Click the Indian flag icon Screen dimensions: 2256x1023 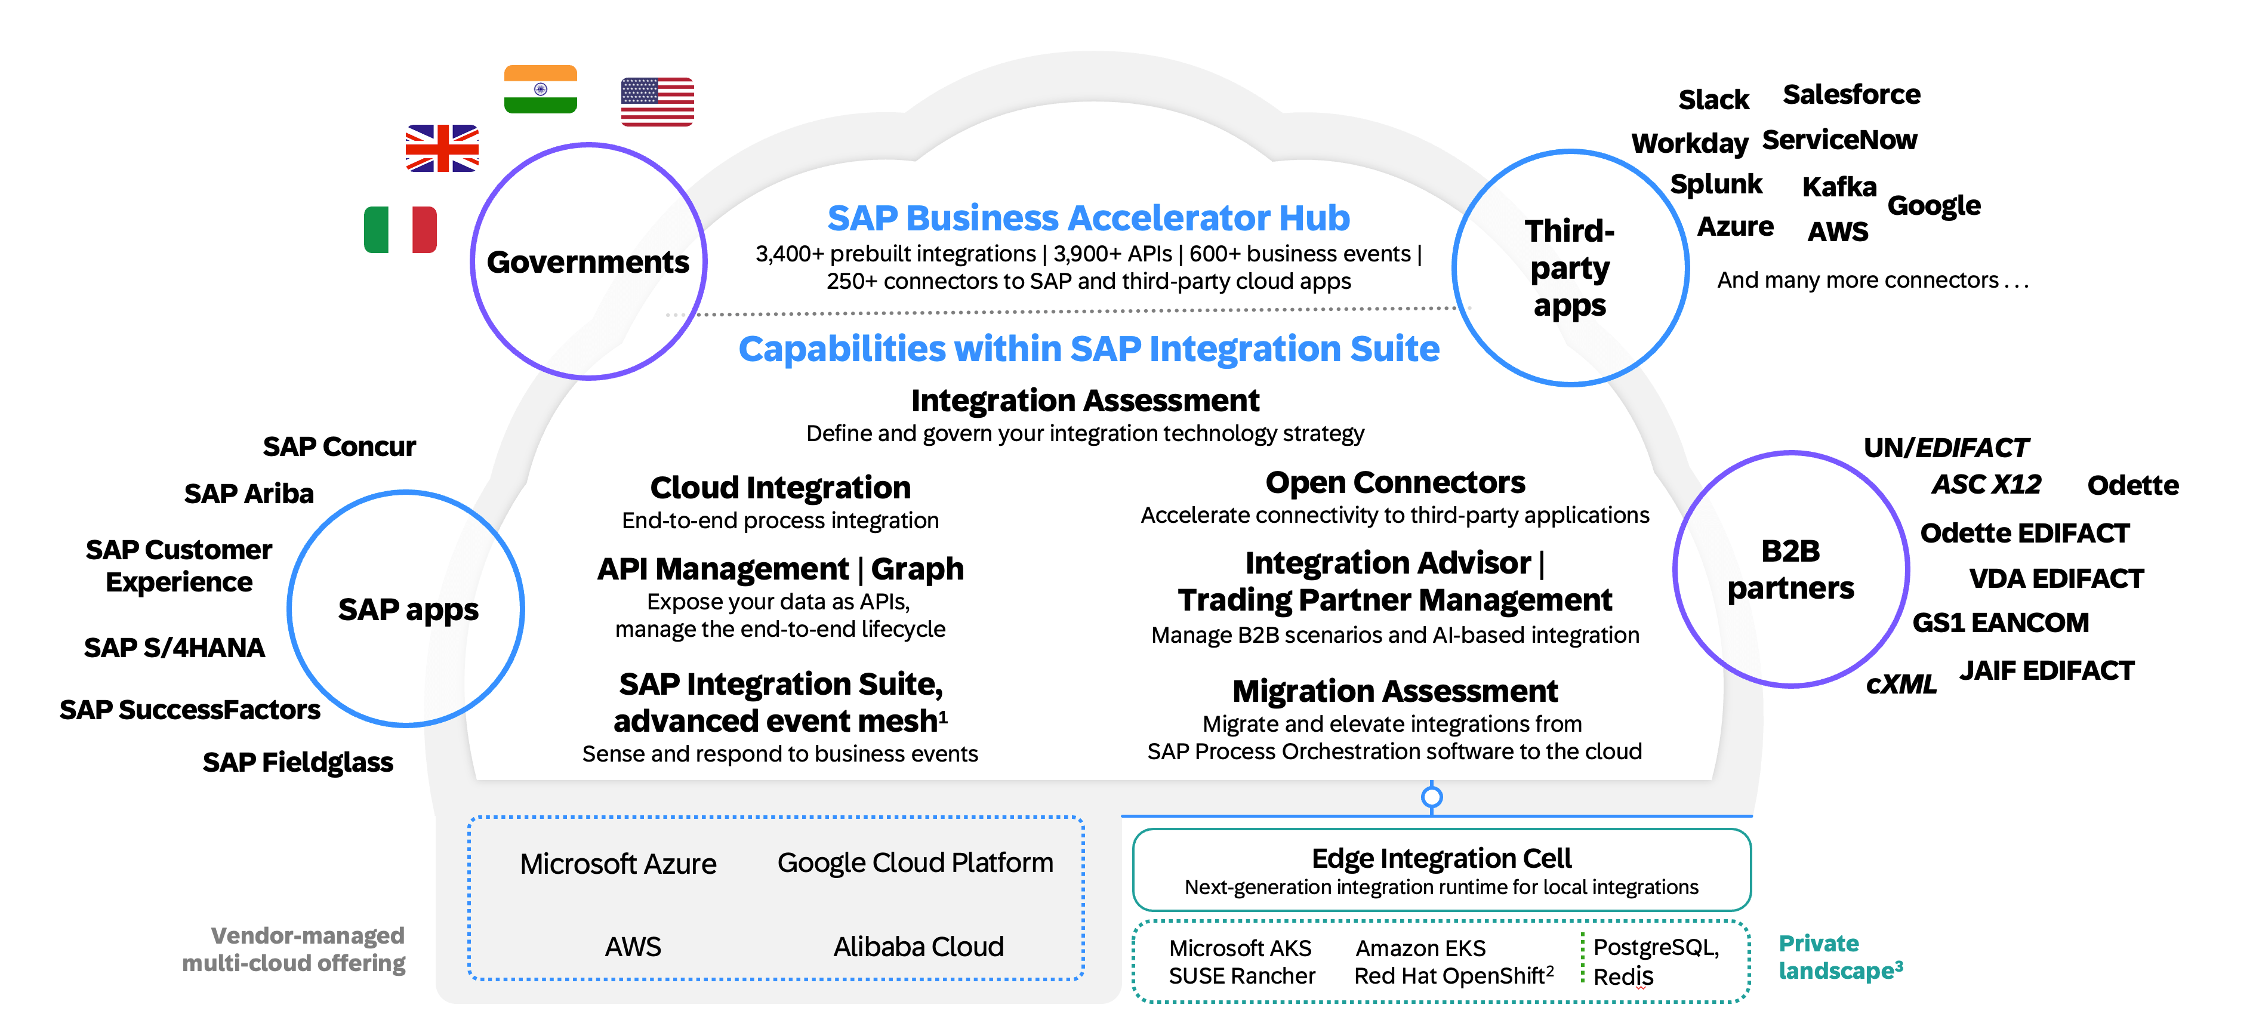540,90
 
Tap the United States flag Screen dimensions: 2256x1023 657,101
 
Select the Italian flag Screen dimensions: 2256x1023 400,229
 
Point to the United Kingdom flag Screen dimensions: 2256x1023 442,148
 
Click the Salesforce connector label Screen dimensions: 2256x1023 1851,94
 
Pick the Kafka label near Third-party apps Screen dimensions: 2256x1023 1839,187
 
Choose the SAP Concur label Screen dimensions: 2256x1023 339,446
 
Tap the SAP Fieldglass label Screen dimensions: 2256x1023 298,762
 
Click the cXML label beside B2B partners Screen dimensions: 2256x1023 1900,684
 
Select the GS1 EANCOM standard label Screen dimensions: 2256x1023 2001,623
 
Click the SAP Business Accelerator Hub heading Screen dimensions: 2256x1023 1089,218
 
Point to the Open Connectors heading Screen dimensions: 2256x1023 1395,483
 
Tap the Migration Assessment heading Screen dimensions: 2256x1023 1395,691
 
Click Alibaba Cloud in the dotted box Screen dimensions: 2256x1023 918,947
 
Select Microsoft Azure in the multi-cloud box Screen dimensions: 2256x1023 618,864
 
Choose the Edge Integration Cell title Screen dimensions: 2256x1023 1441,858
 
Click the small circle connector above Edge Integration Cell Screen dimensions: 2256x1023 1432,797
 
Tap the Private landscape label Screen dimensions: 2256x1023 1840,957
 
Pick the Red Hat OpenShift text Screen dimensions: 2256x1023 1454,976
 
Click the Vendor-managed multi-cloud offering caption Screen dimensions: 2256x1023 294,950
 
